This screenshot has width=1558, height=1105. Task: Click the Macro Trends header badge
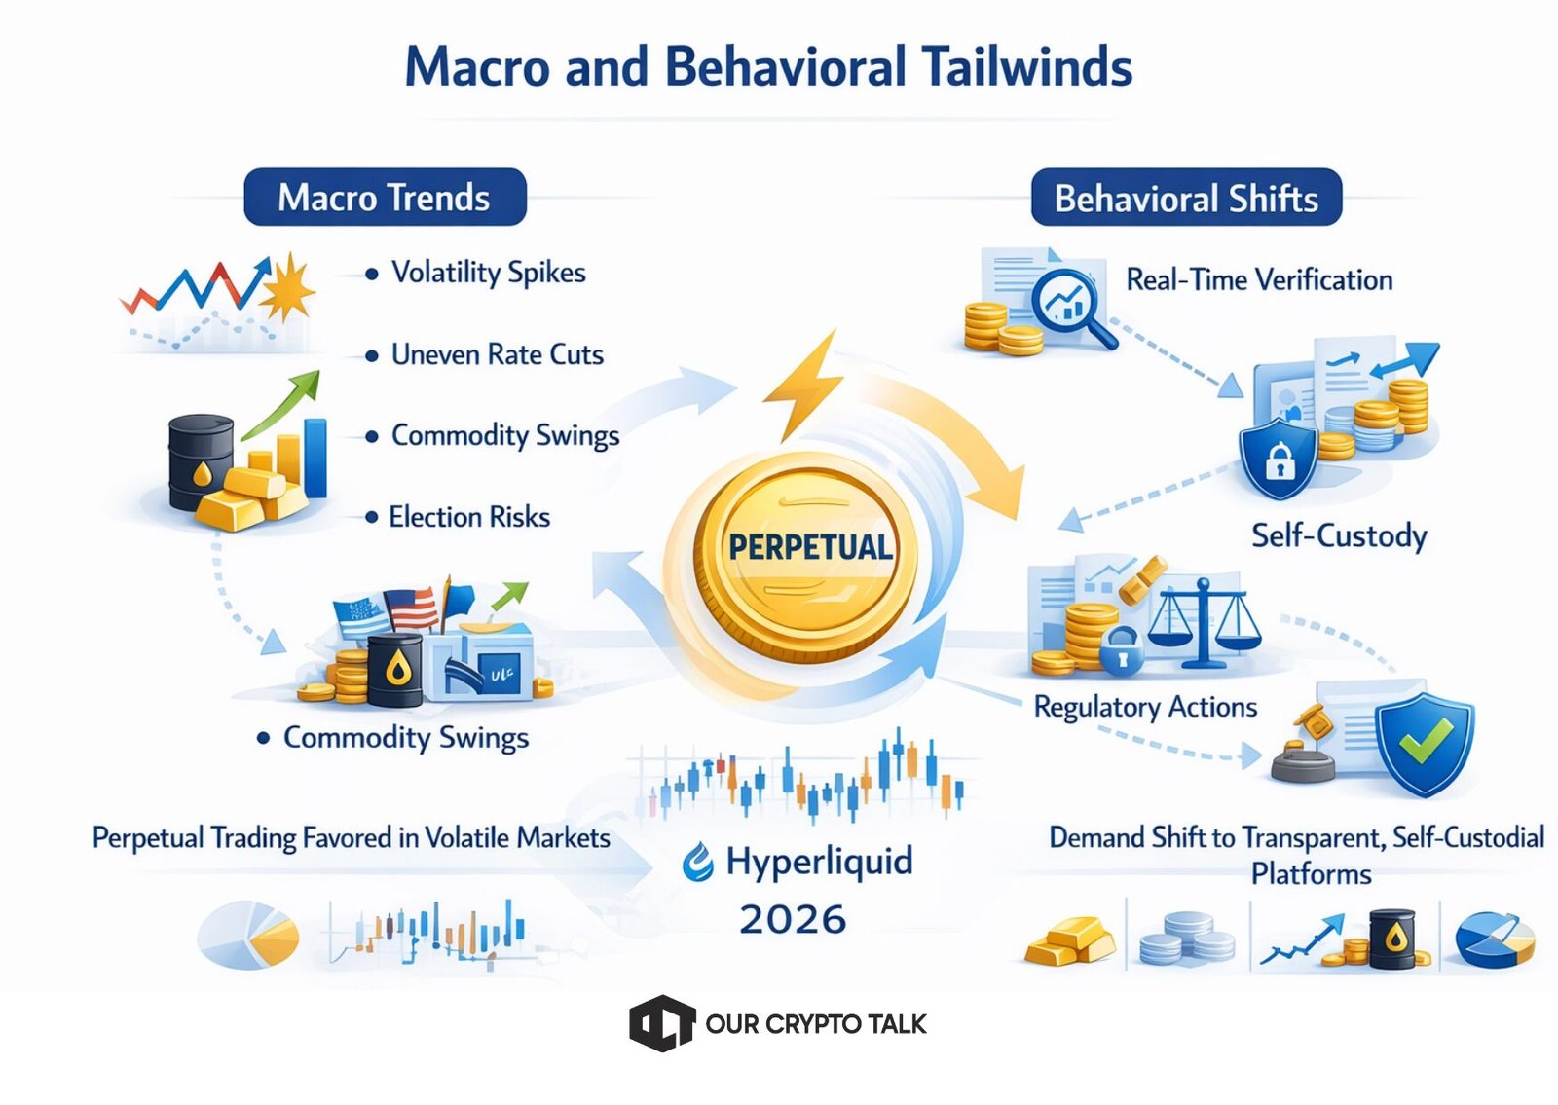[385, 197]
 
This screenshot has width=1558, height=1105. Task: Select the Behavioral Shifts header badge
[1186, 198]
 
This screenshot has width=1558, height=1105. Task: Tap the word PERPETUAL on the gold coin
[810, 547]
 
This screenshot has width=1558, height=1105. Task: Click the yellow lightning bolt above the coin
[803, 386]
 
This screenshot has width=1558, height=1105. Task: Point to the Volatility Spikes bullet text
[488, 273]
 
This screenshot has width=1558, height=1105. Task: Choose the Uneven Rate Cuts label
[498, 354]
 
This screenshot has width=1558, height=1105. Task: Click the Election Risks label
[469, 517]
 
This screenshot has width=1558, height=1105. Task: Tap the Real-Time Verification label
[1259, 279]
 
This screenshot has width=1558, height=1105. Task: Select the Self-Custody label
[1339, 535]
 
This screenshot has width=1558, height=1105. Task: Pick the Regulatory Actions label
[1145, 707]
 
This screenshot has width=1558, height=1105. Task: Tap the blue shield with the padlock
[1279, 459]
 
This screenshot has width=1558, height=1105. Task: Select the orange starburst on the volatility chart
[286, 287]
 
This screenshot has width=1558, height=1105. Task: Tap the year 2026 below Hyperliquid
[793, 919]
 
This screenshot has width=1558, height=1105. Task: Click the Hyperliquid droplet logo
[697, 862]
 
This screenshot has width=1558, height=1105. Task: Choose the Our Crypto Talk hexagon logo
[661, 1023]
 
